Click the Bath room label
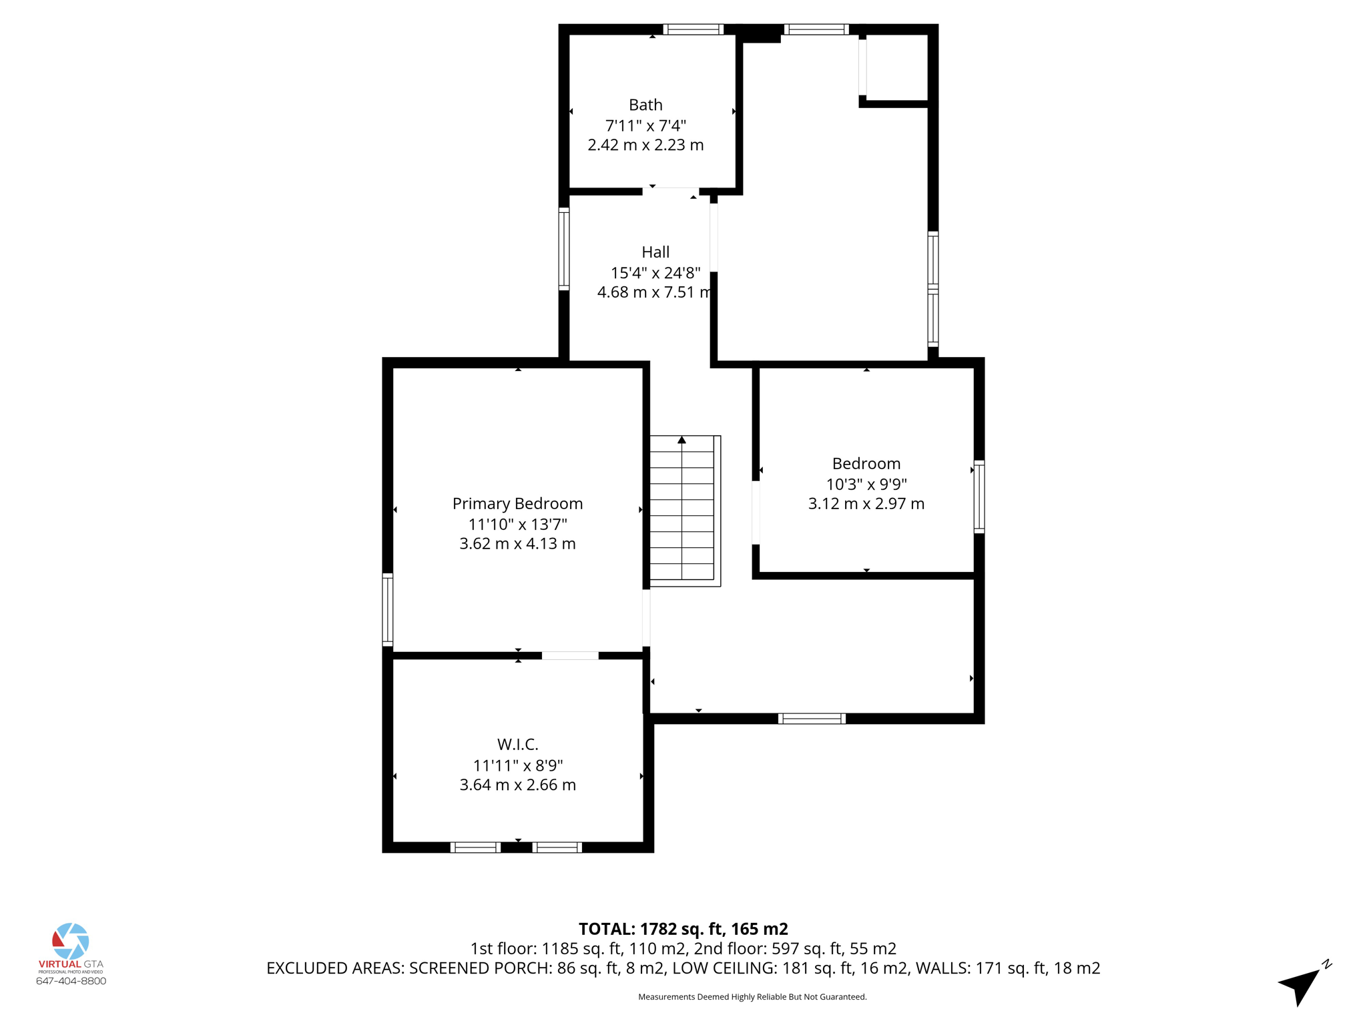pyautogui.click(x=645, y=105)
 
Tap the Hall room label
pyautogui.click(x=655, y=252)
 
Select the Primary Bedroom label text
pyautogui.click(x=517, y=504)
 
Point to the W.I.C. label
pyautogui.click(x=517, y=744)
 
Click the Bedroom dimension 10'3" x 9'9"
pyautogui.click(x=866, y=484)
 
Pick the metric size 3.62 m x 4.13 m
pyautogui.click(x=517, y=544)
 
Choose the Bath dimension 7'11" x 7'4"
pyautogui.click(x=645, y=125)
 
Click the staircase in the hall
pyautogui.click(x=682, y=514)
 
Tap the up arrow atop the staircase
pyautogui.click(x=681, y=440)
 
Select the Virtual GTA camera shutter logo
pyautogui.click(x=71, y=941)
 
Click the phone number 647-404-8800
pyautogui.click(x=71, y=981)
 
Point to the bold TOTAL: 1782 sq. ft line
pyautogui.click(x=683, y=929)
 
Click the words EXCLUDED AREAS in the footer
pyautogui.click(x=335, y=968)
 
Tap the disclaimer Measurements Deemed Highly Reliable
pyautogui.click(x=752, y=997)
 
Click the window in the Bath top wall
pyautogui.click(x=693, y=29)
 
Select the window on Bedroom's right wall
pyautogui.click(x=979, y=496)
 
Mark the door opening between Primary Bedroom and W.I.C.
pyautogui.click(x=570, y=655)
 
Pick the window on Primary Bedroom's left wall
pyautogui.click(x=387, y=609)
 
